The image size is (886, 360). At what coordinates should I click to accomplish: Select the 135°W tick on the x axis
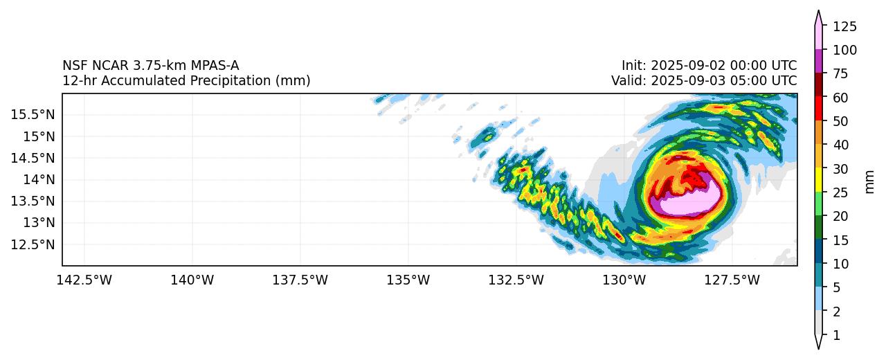(408, 280)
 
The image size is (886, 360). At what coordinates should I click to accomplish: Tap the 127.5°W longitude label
(732, 280)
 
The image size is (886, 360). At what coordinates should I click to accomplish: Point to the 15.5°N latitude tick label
(33, 114)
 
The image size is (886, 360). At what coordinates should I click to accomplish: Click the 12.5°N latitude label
(33, 244)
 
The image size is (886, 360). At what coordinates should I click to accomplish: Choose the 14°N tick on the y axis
(39, 179)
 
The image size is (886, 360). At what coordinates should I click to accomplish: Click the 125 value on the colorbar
(844, 27)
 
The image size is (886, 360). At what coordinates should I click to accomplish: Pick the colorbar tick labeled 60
(840, 98)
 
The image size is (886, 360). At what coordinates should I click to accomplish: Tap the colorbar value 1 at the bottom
(836, 336)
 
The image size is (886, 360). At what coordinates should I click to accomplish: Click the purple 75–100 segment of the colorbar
(819, 62)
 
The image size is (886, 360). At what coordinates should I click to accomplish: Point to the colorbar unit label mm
(870, 181)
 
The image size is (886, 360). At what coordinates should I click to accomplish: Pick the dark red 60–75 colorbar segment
(819, 86)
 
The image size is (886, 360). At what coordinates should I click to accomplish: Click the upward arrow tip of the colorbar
(819, 12)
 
